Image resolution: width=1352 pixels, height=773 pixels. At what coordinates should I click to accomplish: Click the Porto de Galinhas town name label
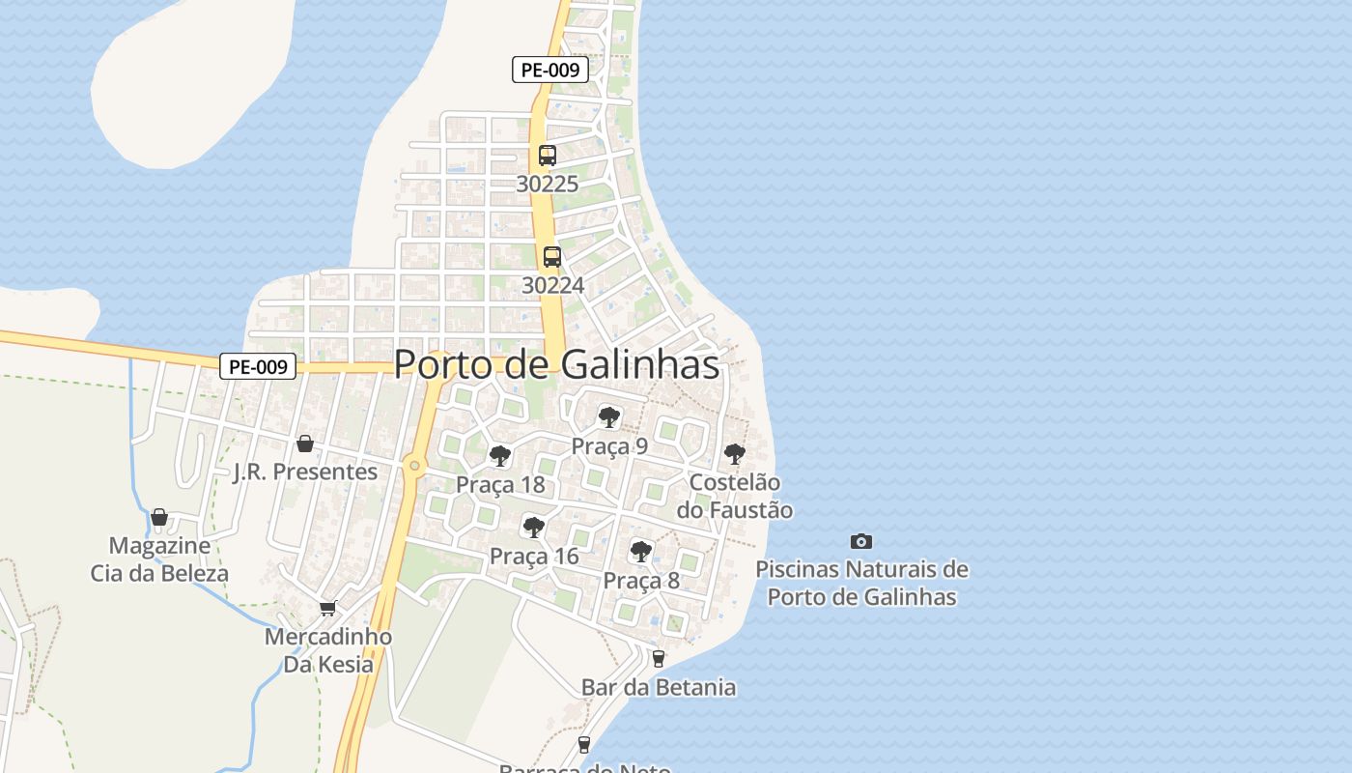[x=556, y=364]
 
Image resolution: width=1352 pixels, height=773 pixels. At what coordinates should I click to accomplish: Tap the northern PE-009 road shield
[x=549, y=70]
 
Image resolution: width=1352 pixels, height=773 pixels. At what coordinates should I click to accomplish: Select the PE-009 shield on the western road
[x=258, y=367]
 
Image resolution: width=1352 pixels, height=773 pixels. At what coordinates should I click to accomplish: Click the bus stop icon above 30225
[x=548, y=155]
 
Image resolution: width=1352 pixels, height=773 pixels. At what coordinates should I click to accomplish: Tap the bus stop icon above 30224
[x=552, y=257]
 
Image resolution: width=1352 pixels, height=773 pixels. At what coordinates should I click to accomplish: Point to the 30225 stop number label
[x=547, y=184]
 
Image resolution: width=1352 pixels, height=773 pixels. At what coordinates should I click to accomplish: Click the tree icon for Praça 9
[x=608, y=417]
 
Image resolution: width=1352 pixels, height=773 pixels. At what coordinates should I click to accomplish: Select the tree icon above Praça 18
[x=499, y=456]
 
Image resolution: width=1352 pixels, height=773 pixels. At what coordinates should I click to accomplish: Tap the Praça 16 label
[x=534, y=557]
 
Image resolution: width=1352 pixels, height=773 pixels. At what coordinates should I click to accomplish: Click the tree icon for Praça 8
[x=640, y=552]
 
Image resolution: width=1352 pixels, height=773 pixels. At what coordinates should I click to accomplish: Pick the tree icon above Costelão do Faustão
[x=735, y=453]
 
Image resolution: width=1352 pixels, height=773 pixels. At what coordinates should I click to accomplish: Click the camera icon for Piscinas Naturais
[x=860, y=541]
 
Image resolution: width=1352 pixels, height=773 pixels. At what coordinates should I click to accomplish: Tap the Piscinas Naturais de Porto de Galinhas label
[x=861, y=583]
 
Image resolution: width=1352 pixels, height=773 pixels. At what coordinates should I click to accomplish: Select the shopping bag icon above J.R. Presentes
[x=305, y=444]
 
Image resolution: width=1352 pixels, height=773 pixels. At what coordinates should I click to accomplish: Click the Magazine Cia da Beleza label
[x=159, y=559]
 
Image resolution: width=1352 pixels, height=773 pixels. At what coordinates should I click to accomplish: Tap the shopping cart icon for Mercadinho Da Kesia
[x=327, y=608]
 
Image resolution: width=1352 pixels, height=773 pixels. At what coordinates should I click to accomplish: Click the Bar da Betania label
[x=659, y=687]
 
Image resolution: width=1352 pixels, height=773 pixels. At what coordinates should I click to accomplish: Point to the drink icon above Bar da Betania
[x=659, y=659]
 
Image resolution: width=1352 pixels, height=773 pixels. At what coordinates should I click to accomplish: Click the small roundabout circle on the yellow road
[x=414, y=466]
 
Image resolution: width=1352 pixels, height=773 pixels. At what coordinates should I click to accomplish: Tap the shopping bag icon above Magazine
[x=159, y=518]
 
